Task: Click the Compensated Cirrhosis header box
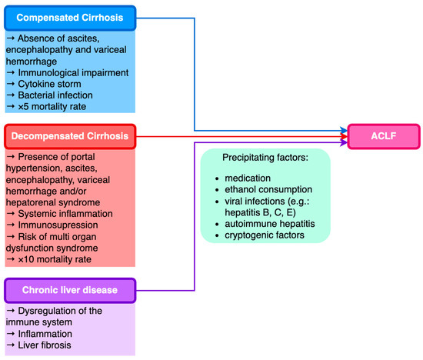(x=70, y=17)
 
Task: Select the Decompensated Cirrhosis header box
(x=70, y=137)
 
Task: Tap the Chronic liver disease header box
(x=70, y=290)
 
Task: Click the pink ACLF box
(x=383, y=137)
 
